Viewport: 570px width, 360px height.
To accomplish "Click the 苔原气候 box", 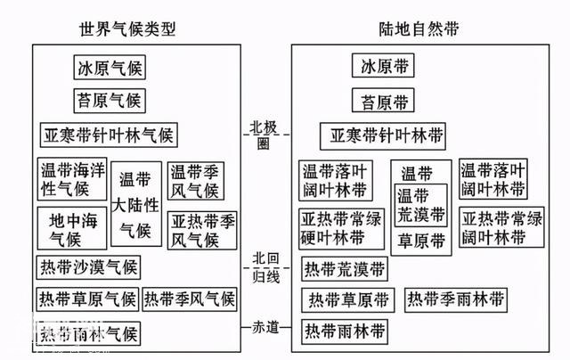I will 109,100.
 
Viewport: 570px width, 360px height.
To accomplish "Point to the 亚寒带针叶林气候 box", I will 109,135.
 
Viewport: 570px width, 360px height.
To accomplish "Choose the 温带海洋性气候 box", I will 72,179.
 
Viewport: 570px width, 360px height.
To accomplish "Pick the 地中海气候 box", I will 72,228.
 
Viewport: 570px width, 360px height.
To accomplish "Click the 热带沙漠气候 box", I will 87,267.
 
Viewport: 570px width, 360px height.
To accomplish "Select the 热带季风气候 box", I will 191,299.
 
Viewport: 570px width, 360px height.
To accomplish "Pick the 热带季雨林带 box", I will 457,299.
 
